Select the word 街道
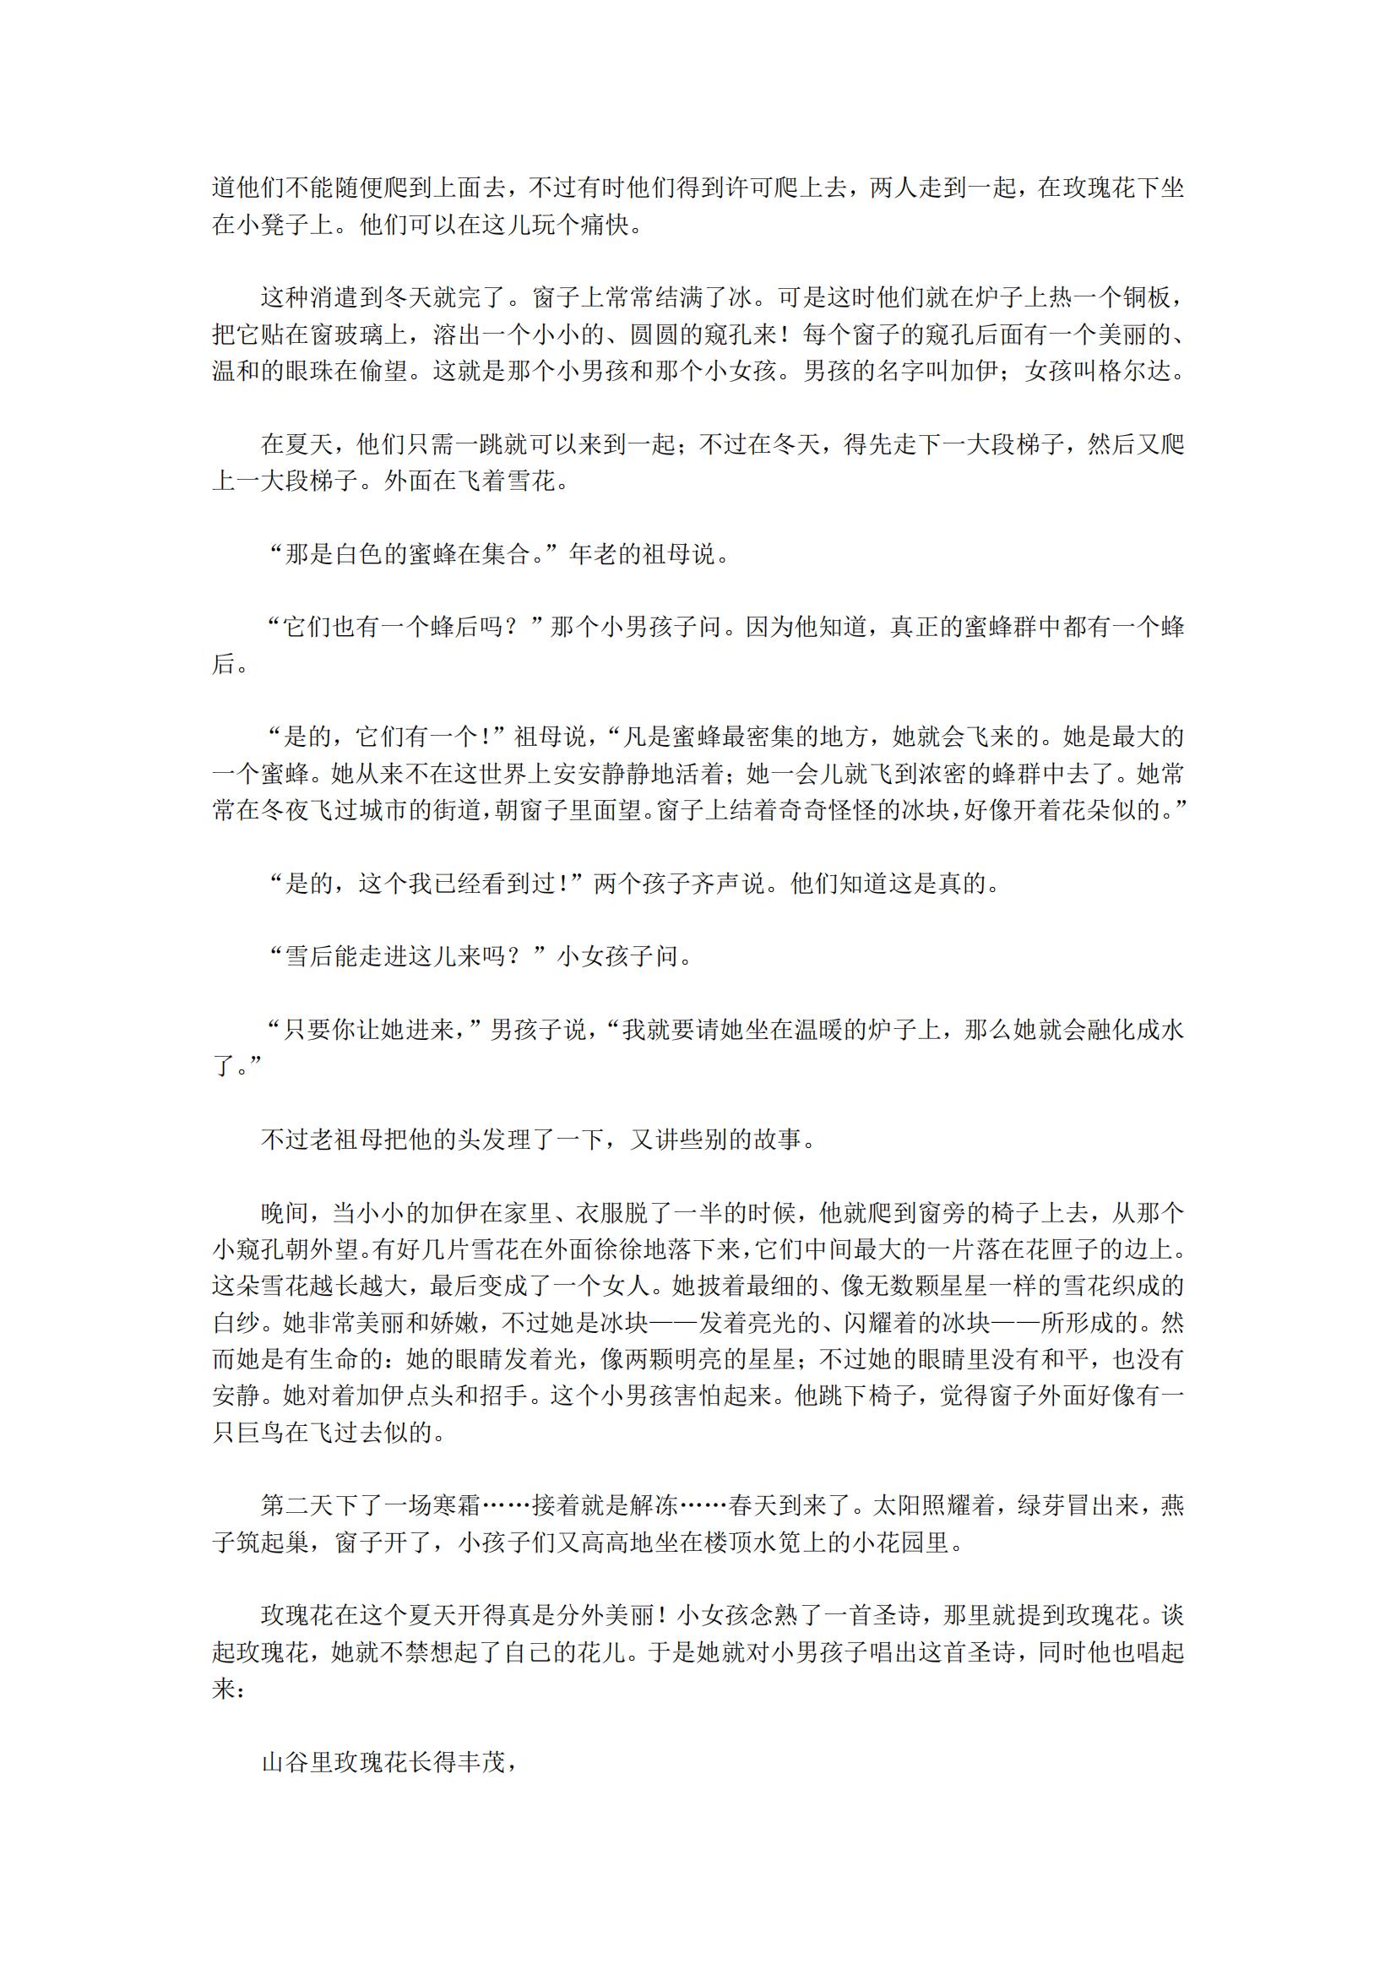[x=456, y=809]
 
